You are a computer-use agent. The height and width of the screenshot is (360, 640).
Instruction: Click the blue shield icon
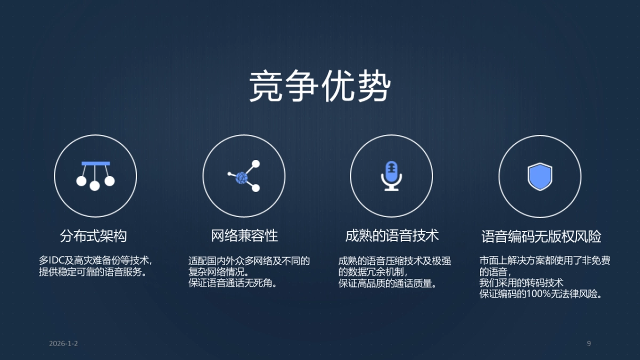tap(540, 177)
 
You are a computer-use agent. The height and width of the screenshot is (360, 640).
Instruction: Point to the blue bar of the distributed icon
tap(95, 163)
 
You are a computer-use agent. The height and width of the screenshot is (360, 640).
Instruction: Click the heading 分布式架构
tap(93, 236)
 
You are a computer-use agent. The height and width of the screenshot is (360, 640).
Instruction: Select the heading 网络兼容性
tap(244, 236)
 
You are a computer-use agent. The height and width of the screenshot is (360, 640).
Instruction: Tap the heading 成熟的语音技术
tap(392, 236)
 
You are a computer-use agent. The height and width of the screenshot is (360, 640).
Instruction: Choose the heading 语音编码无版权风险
tap(541, 236)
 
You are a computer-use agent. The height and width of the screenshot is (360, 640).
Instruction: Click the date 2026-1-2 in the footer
tap(63, 343)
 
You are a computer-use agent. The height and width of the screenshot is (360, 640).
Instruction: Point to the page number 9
tap(589, 343)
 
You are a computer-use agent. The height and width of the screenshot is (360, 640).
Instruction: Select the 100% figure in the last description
tap(540, 294)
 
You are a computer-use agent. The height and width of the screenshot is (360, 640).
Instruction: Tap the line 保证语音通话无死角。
tap(234, 283)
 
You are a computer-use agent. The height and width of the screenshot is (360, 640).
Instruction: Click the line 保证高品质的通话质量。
tap(388, 283)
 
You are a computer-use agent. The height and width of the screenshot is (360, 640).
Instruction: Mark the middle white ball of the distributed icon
tap(95, 186)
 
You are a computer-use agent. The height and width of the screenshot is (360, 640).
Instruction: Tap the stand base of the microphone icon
tap(392, 189)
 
